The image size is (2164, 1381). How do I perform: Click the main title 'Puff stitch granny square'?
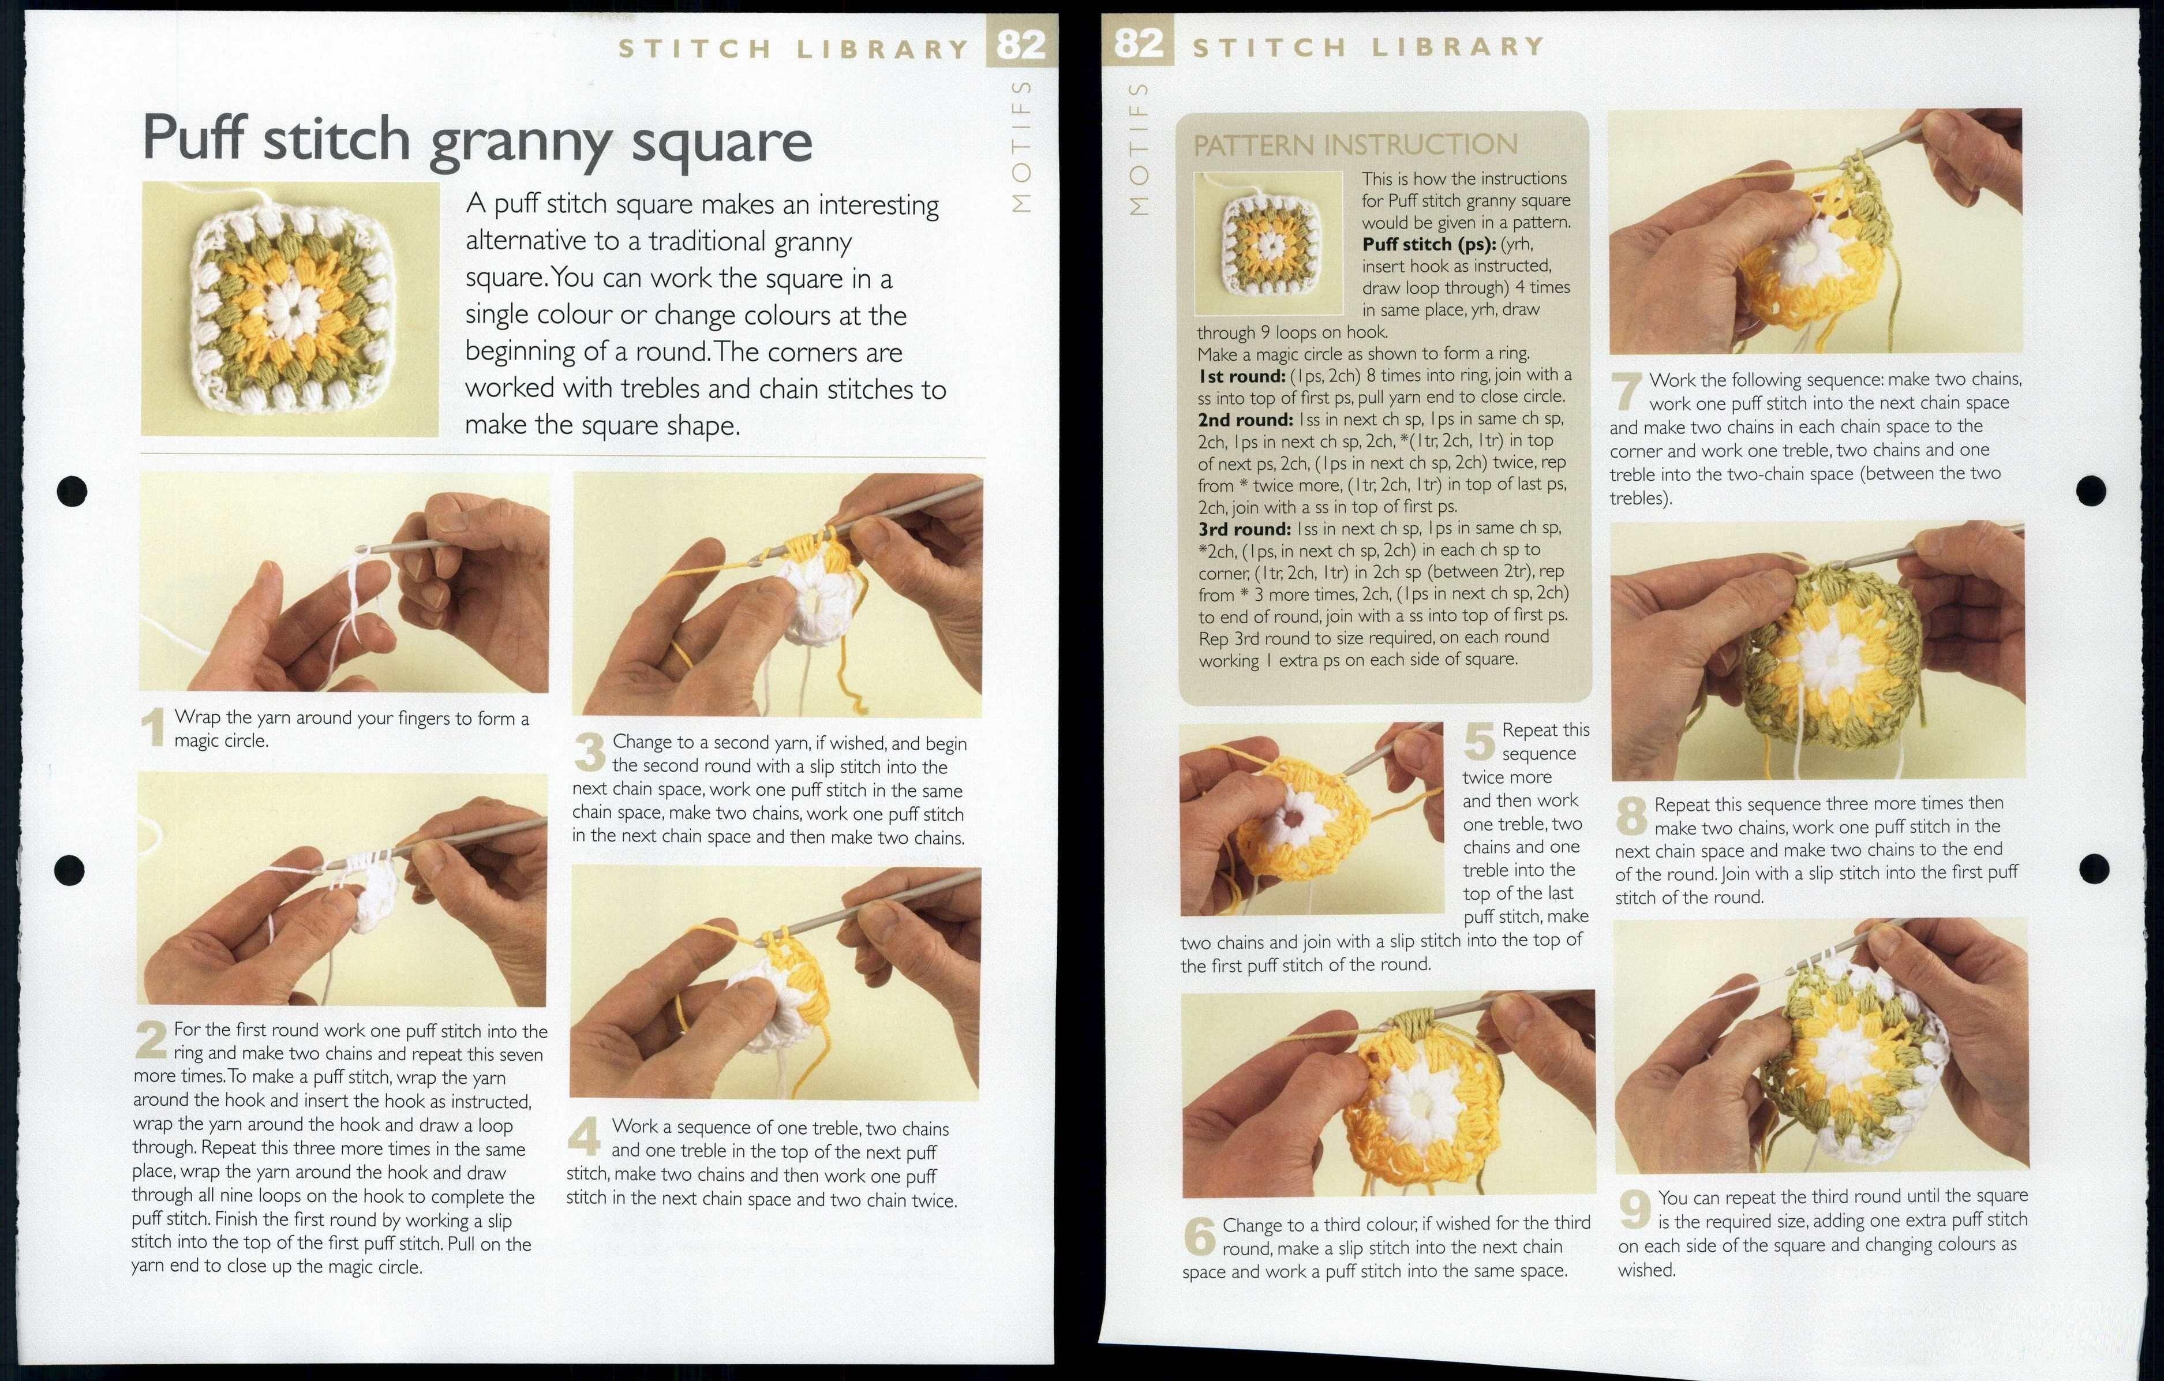pos(476,139)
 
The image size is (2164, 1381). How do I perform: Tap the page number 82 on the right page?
pos(1138,42)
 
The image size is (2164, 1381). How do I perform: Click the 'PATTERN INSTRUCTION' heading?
pos(1354,145)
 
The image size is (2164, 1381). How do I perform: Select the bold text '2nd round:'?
pos(1245,420)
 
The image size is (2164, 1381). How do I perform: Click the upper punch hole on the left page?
pos(72,491)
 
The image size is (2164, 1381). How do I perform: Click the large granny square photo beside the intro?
pos(289,309)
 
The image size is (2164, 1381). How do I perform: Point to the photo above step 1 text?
pos(343,582)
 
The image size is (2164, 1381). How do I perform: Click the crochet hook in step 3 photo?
pos(908,514)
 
